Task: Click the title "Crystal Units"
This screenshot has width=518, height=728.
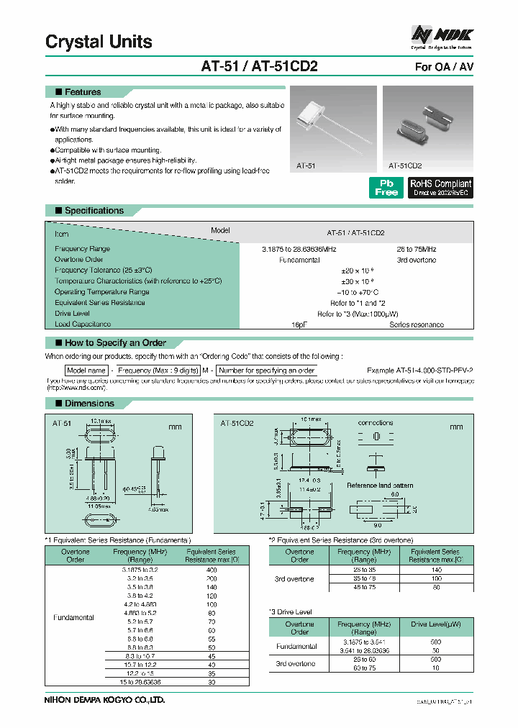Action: pos(99,42)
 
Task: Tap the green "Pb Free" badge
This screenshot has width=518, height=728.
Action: pos(386,188)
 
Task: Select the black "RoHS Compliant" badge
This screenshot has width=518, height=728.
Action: pos(440,188)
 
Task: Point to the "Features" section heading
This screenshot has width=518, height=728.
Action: pos(83,92)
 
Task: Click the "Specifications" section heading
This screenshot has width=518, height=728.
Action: pos(94,211)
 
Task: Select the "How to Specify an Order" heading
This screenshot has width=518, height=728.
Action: pos(115,343)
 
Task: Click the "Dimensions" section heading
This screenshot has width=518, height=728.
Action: pos(89,404)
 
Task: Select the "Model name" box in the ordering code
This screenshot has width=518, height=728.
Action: pos(86,370)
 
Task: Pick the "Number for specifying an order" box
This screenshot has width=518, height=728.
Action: pos(267,370)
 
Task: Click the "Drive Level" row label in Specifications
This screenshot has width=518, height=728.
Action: pos(72,314)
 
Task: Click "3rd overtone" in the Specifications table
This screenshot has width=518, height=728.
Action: pos(416,260)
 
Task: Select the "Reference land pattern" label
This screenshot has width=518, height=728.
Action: pos(380,486)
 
